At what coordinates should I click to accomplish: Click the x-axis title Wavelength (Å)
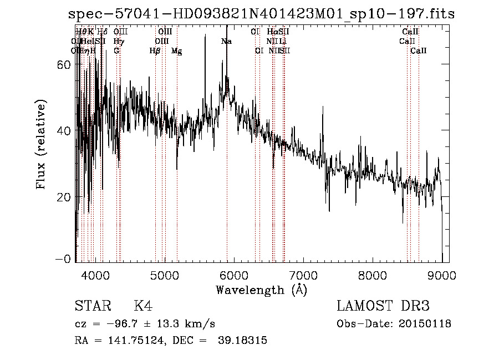pos(261,290)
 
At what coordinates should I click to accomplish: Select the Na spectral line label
pos(226,41)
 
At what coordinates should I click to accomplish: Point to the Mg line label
pos(176,51)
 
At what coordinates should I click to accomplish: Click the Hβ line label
pos(155,50)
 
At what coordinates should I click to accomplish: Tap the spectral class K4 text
pos(143,306)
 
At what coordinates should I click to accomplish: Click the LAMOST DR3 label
pos(383,306)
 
